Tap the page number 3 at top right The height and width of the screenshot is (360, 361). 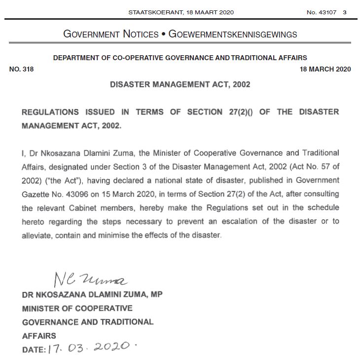(x=345, y=12)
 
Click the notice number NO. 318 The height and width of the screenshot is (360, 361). (x=22, y=69)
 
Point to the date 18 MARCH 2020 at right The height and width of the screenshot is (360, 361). (x=325, y=69)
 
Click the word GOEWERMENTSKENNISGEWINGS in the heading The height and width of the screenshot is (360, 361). (x=233, y=35)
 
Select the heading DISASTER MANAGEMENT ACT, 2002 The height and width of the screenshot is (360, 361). (x=180, y=84)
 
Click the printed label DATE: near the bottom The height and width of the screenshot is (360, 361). (x=34, y=350)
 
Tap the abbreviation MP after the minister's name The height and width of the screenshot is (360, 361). (x=155, y=294)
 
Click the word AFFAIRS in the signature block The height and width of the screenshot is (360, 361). (x=38, y=336)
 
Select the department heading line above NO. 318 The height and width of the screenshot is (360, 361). (x=180, y=58)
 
